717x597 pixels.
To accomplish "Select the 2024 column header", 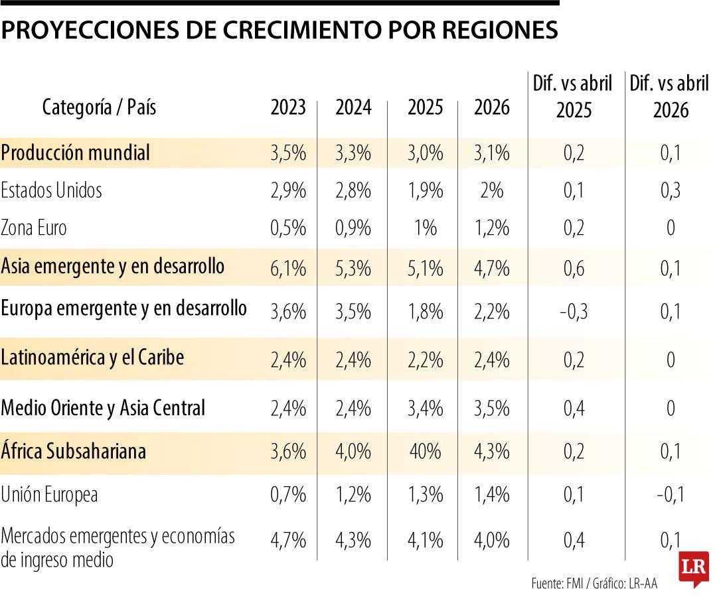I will [x=353, y=107].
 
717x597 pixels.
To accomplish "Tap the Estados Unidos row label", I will [x=52, y=190].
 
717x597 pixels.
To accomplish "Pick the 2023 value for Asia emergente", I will [x=288, y=269].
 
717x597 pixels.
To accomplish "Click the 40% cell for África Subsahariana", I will [x=425, y=452].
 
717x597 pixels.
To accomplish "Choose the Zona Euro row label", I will [x=34, y=228].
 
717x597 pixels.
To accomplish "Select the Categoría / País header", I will [x=100, y=107].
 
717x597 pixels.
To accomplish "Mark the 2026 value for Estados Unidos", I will [x=491, y=191].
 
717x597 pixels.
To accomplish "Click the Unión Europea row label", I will [x=50, y=494].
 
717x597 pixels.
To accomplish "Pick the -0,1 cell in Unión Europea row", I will [x=671, y=494].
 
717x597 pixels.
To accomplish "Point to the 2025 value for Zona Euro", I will [x=425, y=229].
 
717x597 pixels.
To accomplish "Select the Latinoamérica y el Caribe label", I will [x=93, y=358].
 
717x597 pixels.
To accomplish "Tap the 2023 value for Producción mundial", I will [x=288, y=153].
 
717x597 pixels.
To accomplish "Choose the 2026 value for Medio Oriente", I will [x=491, y=408].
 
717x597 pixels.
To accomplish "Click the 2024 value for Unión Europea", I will [x=353, y=494].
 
